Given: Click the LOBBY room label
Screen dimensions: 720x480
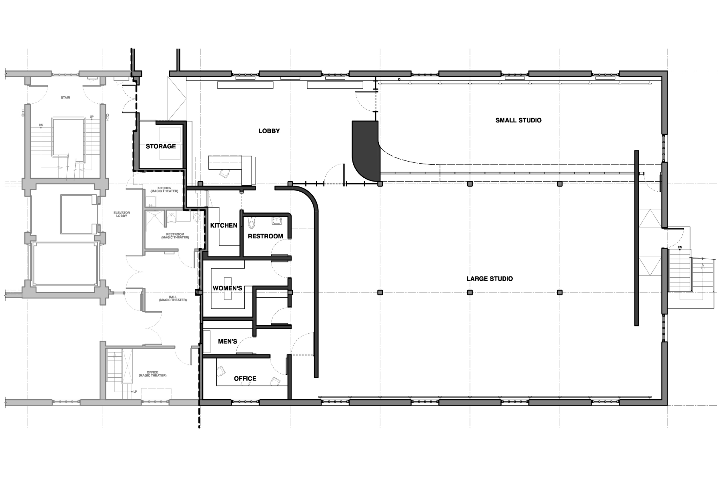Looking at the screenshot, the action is [x=269, y=131].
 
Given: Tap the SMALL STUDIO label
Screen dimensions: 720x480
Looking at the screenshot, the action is [x=518, y=120].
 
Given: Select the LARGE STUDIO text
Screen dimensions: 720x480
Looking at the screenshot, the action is [x=490, y=278].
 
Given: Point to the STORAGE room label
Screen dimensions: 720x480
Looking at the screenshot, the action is [x=161, y=146].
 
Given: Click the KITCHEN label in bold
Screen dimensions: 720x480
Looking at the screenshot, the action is [x=224, y=226].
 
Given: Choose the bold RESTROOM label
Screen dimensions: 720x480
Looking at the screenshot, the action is [x=265, y=236].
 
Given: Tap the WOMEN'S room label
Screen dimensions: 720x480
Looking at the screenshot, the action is [x=228, y=288].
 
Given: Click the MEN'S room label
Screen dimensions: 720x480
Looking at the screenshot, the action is [x=228, y=342].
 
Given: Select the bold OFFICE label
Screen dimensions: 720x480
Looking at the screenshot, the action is [x=245, y=378].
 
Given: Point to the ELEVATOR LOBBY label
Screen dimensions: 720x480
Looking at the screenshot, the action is [x=122, y=214].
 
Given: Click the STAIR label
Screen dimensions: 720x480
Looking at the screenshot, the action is [x=66, y=98].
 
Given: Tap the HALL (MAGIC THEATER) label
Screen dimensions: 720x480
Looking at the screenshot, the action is [x=173, y=298].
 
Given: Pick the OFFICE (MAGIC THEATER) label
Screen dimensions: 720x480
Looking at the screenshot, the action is [x=152, y=374].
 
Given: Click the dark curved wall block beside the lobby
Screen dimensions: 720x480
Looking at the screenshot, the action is [x=366, y=150].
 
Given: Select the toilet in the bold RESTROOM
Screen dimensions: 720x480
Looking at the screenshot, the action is [x=251, y=222].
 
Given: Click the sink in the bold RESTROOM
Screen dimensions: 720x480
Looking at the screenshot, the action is [x=277, y=220].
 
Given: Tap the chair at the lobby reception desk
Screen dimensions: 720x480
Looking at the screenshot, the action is [x=224, y=174].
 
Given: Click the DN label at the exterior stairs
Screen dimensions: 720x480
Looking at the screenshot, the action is [x=680, y=248].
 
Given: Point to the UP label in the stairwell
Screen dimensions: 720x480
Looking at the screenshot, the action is [x=92, y=117].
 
